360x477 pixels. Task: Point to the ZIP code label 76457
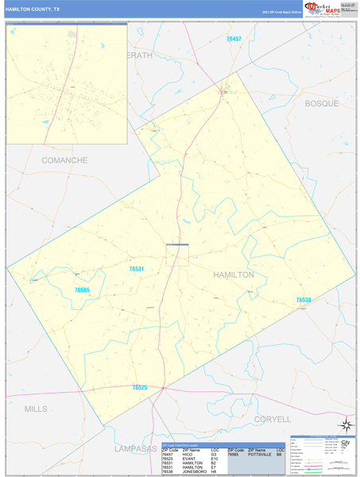233,39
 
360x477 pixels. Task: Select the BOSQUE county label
322,104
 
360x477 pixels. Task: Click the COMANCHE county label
64,160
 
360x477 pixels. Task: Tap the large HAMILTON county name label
234,274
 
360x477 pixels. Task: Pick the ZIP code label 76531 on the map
136,270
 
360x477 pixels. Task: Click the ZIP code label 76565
83,291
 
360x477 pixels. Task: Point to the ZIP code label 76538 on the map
304,300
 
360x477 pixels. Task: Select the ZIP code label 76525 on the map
139,387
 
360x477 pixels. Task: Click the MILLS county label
36,409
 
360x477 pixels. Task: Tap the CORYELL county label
273,418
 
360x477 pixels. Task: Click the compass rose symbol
345,425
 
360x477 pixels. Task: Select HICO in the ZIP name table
188,455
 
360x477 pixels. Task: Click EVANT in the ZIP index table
188,460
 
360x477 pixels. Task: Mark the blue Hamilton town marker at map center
177,244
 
